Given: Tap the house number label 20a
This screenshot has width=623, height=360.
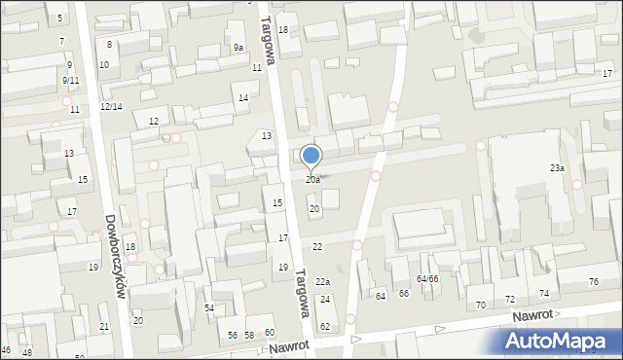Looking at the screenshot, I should pyautogui.click(x=312, y=180).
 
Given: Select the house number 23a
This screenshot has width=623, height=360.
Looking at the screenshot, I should pyautogui.click(x=557, y=168).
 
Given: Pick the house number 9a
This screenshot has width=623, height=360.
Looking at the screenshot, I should pyautogui.click(x=238, y=48).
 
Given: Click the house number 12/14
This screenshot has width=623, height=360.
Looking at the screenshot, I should pyautogui.click(x=111, y=106).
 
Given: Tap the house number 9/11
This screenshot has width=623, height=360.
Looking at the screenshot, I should pyautogui.click(x=70, y=80).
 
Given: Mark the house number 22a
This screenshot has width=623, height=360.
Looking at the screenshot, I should pyautogui.click(x=322, y=281).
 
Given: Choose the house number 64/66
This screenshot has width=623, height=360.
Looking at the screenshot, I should pyautogui.click(x=427, y=279).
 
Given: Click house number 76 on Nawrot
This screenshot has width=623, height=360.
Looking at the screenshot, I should pyautogui.click(x=594, y=282).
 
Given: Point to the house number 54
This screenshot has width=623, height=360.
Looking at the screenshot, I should pyautogui.click(x=209, y=307).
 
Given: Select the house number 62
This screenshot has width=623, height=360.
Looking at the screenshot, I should pyautogui.click(x=325, y=326).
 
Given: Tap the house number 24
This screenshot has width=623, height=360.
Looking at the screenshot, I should pyautogui.click(x=325, y=299).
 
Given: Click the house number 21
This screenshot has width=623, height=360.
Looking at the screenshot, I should pyautogui.click(x=104, y=326).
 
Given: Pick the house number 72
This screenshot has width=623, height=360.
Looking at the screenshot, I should pyautogui.click(x=510, y=299).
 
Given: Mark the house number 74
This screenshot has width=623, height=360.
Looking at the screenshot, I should pyautogui.click(x=544, y=293).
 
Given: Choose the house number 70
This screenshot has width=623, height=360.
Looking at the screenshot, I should pyautogui.click(x=480, y=305).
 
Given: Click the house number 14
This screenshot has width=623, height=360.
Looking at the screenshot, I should pyautogui.click(x=243, y=98).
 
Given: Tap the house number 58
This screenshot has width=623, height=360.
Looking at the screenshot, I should pyautogui.click(x=249, y=335).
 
